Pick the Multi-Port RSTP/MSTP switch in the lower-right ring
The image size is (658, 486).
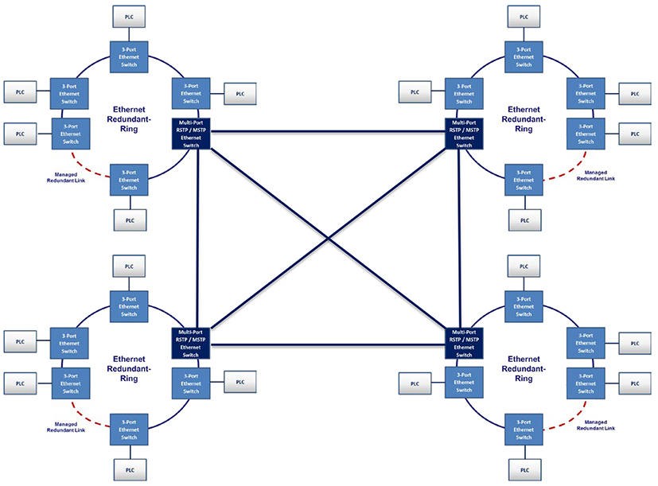click(x=464, y=343)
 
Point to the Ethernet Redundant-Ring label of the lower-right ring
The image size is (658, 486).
click(x=524, y=368)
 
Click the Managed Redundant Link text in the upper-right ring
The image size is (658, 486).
click(x=601, y=176)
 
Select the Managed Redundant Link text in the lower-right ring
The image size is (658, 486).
click(x=601, y=425)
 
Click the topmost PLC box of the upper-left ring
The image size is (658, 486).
click(x=128, y=15)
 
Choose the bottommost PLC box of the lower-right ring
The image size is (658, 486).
click(x=524, y=469)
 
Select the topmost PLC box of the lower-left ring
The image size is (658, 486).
click(x=128, y=265)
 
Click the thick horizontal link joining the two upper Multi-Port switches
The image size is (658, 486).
click(x=326, y=131)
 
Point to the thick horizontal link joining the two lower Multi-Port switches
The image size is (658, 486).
click(x=326, y=345)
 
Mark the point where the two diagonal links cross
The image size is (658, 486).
click(x=328, y=238)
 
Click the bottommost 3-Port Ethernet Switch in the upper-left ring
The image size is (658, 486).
click(x=128, y=180)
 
